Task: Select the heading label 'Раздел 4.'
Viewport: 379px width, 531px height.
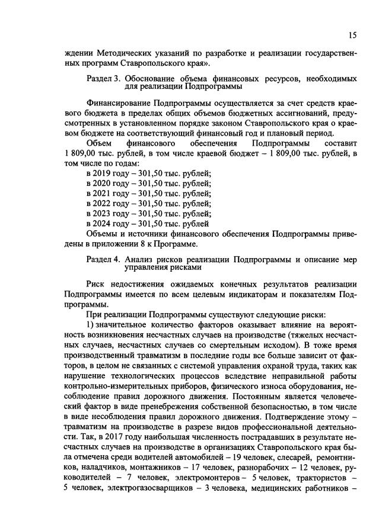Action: pyautogui.click(x=103, y=259)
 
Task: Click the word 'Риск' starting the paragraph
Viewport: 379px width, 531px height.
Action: pyautogui.click(x=97, y=283)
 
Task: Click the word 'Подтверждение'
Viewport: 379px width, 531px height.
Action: pyautogui.click(x=308, y=414)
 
